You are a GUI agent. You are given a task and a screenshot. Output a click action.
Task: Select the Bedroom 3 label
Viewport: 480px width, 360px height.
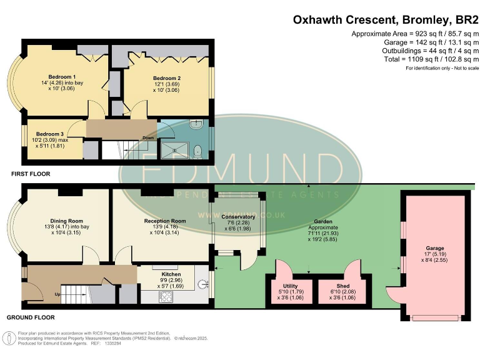[50, 134]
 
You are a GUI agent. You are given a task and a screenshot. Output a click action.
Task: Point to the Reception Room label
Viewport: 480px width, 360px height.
[165, 221]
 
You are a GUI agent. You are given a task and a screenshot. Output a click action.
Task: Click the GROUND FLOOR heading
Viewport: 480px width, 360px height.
[32, 317]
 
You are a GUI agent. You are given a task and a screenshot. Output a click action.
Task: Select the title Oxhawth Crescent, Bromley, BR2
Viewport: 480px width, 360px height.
[383, 19]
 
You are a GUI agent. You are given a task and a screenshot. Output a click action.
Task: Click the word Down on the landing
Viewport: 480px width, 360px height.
[148, 138]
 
